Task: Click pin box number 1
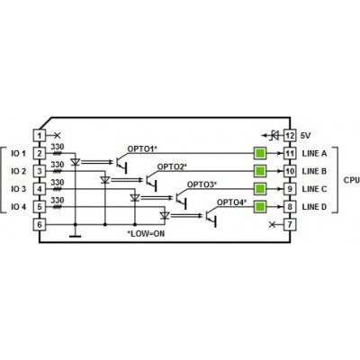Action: (x=39, y=136)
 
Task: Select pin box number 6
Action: (x=39, y=224)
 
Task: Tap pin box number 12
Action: (x=290, y=136)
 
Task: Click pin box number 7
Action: (x=290, y=224)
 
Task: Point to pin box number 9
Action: (x=290, y=189)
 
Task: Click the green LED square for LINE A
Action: (x=260, y=154)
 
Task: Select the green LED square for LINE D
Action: (x=260, y=207)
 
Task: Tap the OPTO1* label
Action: (x=142, y=149)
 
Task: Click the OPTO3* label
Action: (x=202, y=184)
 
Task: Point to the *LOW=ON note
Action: (x=146, y=233)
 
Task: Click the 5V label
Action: (x=305, y=136)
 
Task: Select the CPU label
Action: (x=352, y=180)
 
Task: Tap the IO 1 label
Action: (x=18, y=154)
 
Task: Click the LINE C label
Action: (x=314, y=189)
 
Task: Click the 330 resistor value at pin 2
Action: (x=58, y=147)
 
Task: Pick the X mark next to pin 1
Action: (x=58, y=136)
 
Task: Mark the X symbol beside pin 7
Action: (x=272, y=224)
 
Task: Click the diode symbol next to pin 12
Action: (x=274, y=136)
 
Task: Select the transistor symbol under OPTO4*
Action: (x=211, y=218)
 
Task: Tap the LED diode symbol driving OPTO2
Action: (x=104, y=180)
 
